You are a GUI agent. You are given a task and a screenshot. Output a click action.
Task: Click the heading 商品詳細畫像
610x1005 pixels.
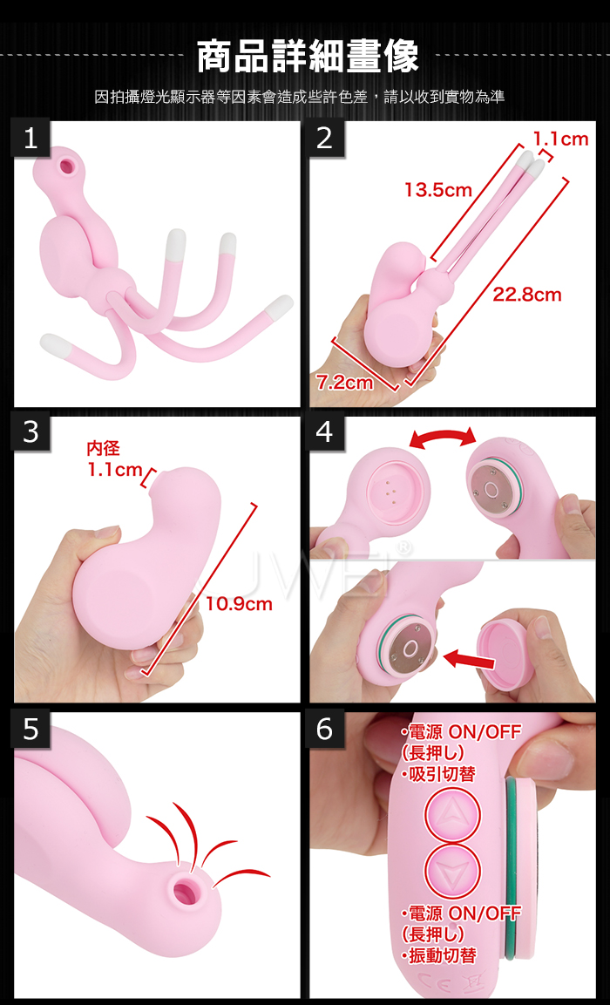pyautogui.click(x=308, y=56)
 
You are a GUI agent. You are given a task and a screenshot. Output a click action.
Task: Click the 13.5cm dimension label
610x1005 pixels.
pyautogui.click(x=437, y=190)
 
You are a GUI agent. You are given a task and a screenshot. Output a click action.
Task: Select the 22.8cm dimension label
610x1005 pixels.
pyautogui.click(x=526, y=295)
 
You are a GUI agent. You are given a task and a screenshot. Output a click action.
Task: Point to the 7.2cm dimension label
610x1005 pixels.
pyautogui.click(x=345, y=383)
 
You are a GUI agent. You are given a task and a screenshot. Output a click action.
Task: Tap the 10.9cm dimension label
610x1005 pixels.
pyautogui.click(x=239, y=604)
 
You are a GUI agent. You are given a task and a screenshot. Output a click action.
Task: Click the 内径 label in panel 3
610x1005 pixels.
pyautogui.click(x=103, y=449)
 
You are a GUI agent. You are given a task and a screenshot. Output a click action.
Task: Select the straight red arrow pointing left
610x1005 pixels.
pyautogui.click(x=471, y=658)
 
